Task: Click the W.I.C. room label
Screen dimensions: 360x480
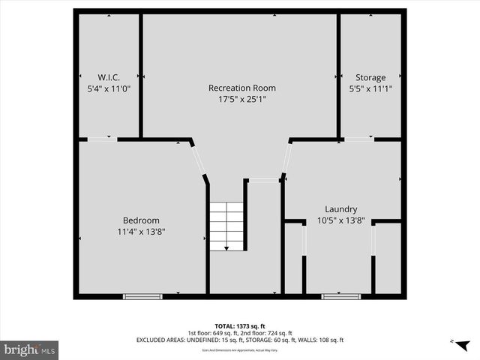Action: point(109,77)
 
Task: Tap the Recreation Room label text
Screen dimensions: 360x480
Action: point(237,88)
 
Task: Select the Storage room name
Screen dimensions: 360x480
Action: point(370,77)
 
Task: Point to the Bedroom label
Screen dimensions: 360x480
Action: point(141,220)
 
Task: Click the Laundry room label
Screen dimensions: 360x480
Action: point(340,209)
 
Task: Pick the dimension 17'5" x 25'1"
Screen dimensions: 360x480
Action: point(237,98)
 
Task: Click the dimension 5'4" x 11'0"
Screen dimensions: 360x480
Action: point(109,88)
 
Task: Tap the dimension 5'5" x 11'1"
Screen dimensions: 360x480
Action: point(370,88)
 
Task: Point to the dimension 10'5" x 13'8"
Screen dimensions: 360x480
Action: point(340,220)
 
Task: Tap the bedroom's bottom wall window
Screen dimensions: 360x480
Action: point(142,297)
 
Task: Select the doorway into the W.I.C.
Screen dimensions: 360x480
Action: point(102,139)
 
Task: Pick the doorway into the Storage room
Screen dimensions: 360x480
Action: point(358,139)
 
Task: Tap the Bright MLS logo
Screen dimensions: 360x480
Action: point(29,349)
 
